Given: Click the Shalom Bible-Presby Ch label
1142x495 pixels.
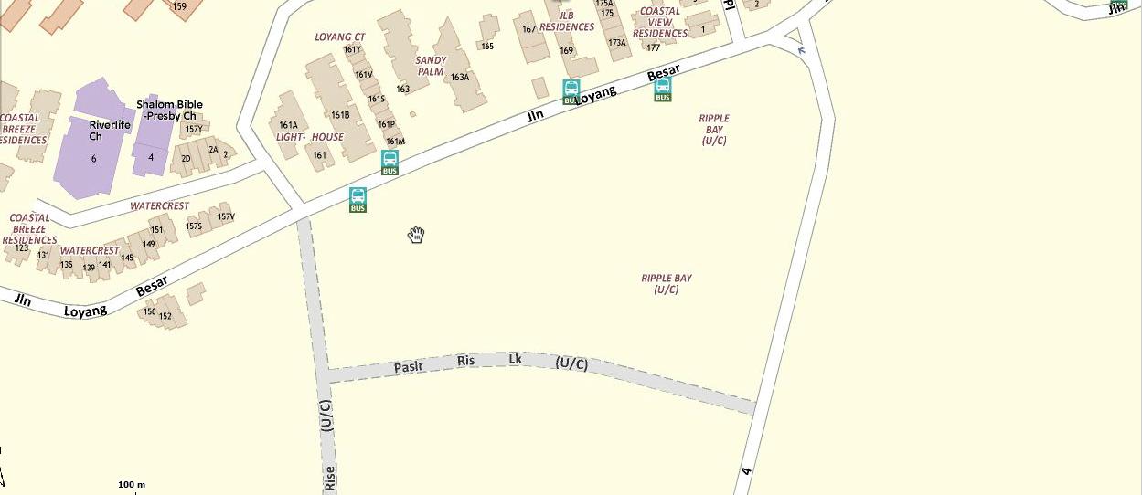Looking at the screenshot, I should pyautogui.click(x=170, y=110).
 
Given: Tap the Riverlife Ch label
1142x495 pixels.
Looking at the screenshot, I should pyautogui.click(x=110, y=130).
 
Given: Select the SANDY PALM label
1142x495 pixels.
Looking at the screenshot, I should pyautogui.click(x=431, y=66).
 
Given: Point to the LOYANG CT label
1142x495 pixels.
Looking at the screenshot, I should pyautogui.click(x=339, y=37).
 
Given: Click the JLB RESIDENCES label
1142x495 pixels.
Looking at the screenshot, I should pyautogui.click(x=567, y=20).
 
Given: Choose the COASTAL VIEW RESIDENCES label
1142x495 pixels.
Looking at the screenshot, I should pyautogui.click(x=660, y=22).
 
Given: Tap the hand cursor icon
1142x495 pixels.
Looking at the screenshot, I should pyautogui.click(x=416, y=235).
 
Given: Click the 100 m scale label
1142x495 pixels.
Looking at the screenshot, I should pyautogui.click(x=132, y=484).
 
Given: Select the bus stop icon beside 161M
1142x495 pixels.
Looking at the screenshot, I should pyautogui.click(x=390, y=163).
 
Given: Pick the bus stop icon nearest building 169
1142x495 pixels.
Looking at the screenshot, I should pyautogui.click(x=571, y=91).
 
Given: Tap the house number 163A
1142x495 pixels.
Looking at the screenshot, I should pyautogui.click(x=460, y=78).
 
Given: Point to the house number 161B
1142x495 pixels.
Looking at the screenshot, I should pyautogui.click(x=340, y=115).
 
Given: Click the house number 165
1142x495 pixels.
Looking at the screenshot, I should pyautogui.click(x=487, y=46).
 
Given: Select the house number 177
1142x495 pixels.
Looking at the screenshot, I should pyautogui.click(x=653, y=47).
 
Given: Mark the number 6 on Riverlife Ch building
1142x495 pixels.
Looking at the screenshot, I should pyautogui.click(x=93, y=159).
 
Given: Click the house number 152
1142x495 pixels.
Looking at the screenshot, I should pyautogui.click(x=165, y=317).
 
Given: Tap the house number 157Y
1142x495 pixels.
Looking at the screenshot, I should pyautogui.click(x=194, y=129).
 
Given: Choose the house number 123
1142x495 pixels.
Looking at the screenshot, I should pyautogui.click(x=22, y=248).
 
